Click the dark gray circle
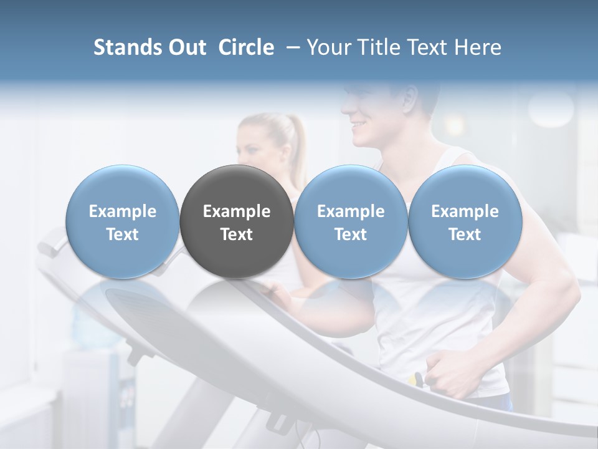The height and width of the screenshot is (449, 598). pos(237,221)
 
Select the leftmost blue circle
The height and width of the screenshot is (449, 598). pos(123,221)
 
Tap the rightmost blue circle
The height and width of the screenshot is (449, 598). pos(465,221)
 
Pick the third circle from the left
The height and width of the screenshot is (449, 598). pos(351,221)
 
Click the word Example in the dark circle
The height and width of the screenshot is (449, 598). pos(237,211)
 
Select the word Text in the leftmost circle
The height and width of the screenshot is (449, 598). pos(123,234)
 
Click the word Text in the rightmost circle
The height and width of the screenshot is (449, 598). pos(465,234)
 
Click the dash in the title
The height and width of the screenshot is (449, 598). pos(290,47)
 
